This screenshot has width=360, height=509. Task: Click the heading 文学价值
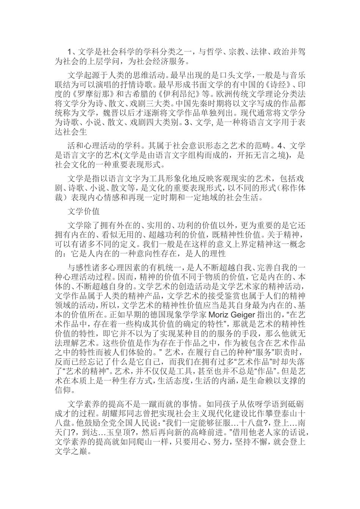click(83, 211)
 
